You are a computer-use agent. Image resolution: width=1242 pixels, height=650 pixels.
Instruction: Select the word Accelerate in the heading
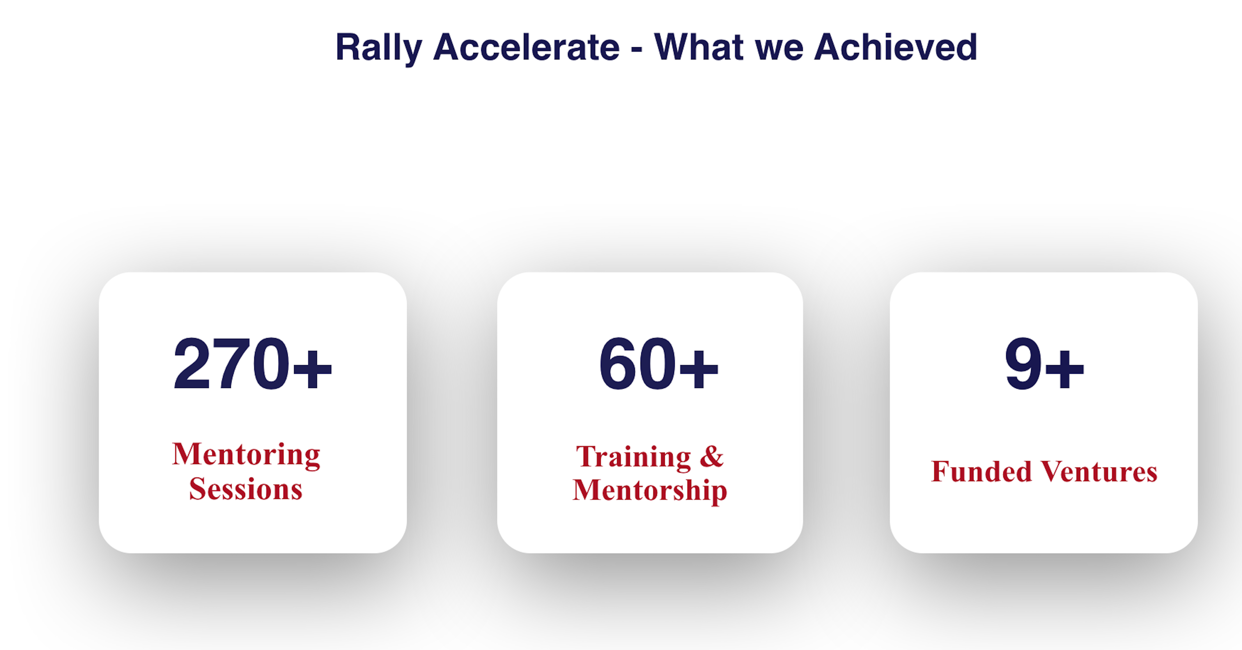coord(527,47)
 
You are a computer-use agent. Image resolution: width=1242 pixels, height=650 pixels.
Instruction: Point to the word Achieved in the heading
coord(895,47)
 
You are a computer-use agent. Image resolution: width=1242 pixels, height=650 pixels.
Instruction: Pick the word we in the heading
coord(779,51)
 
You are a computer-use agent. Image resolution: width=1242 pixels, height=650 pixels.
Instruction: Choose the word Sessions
coord(246,489)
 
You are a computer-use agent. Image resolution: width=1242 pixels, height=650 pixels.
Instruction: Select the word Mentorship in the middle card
coord(650,491)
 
